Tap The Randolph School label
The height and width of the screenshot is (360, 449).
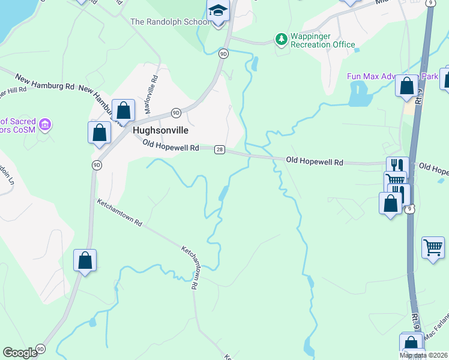170,22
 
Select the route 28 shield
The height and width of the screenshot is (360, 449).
220,149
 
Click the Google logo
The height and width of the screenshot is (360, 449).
20,353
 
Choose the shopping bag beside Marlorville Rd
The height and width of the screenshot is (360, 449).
123,110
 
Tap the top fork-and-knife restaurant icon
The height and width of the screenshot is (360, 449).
397,166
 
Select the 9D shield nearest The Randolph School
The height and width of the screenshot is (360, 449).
223,53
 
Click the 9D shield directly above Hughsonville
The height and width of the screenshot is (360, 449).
176,112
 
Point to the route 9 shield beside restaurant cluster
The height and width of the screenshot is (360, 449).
409,209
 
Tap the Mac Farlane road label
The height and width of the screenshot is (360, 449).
437,329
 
